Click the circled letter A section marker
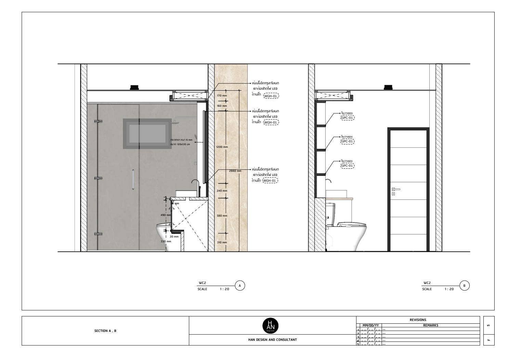[240, 285]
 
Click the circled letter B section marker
[464, 285]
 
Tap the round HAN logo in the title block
[270, 325]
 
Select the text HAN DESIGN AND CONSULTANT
[272, 340]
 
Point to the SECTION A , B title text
[105, 331]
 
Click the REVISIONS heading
[418, 320]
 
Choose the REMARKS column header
[430, 325]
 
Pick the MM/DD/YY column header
[370, 325]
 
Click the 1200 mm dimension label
[222, 147]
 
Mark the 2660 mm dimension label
[235, 171]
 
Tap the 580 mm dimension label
[222, 216]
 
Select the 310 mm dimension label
[222, 242]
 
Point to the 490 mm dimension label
[166, 215]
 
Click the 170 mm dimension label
[222, 95]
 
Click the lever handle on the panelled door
[396, 189]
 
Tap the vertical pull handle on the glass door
[133, 179]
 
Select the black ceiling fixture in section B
[388, 88]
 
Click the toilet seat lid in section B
[351, 224]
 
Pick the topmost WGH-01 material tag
[271, 96]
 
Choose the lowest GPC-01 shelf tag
[347, 166]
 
